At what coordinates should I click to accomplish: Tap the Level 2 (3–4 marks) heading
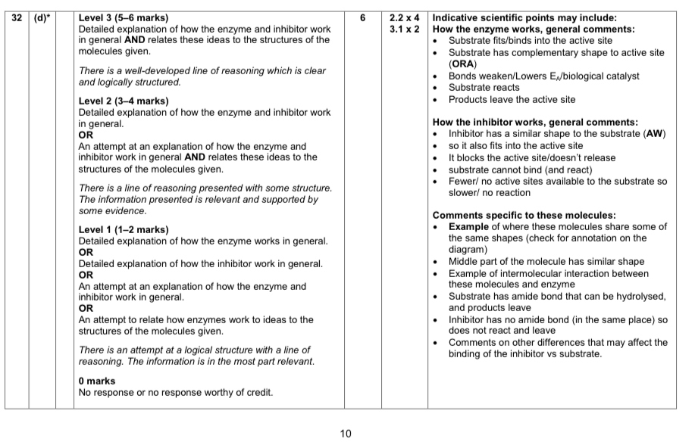point(124,101)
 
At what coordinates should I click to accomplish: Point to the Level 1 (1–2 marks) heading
point(124,230)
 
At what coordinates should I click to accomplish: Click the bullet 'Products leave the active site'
point(512,99)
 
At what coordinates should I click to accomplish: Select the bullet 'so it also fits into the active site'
point(515,145)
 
